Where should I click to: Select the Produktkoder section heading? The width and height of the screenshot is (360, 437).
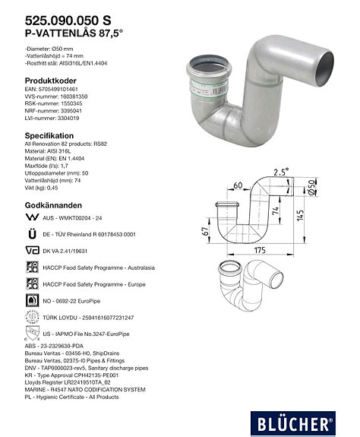tap(51, 80)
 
